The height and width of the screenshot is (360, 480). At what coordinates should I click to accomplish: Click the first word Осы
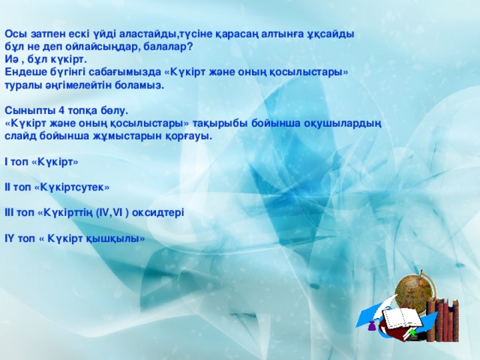tap(14, 34)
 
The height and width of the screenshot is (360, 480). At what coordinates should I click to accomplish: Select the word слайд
tap(19, 137)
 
